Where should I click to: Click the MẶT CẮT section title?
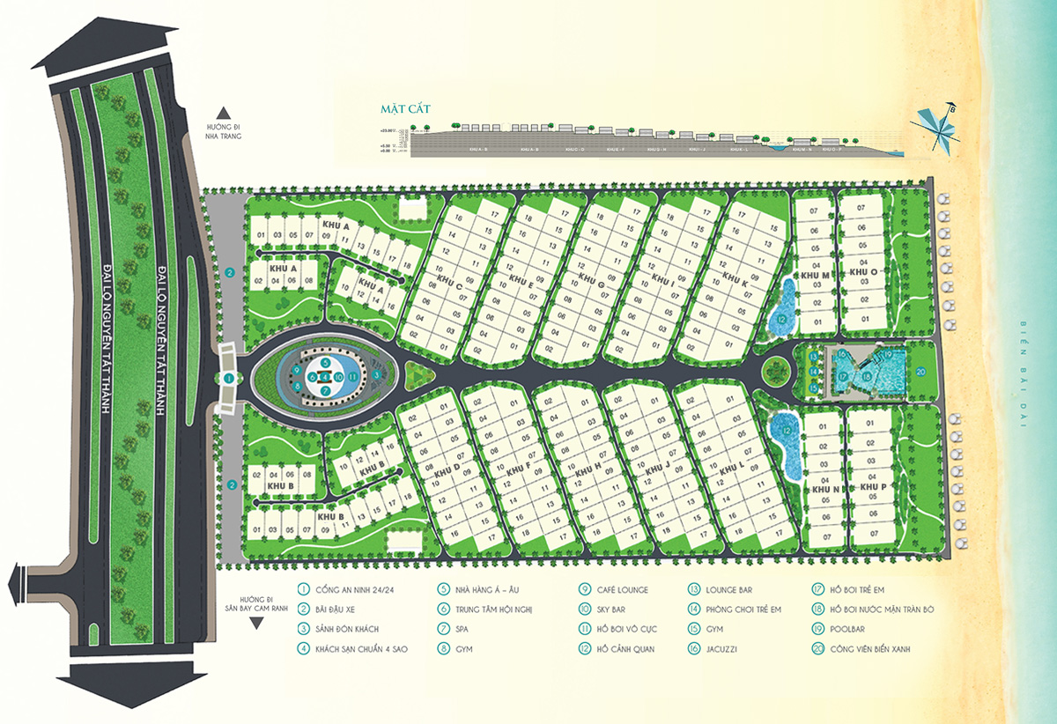398,109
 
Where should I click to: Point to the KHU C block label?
448,282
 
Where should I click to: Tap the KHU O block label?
863,273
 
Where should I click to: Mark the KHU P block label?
873,487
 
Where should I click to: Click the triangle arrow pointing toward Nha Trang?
224,112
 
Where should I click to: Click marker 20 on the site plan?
920,372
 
